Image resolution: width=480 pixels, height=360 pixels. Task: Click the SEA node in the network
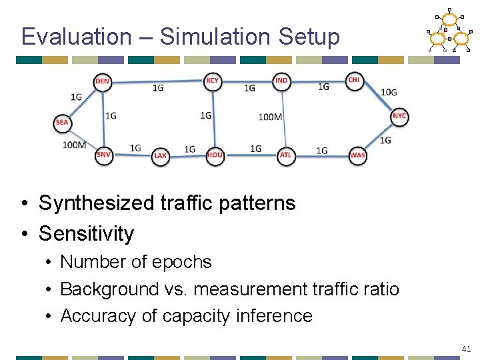pos(62,123)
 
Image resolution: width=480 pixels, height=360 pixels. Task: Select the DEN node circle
pos(102,81)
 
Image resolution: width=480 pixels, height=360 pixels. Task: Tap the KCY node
pos(212,81)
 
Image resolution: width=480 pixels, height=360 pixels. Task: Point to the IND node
pos(281,81)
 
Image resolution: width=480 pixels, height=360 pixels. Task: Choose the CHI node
pos(353,80)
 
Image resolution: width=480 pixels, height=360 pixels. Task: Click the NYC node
pos(399,116)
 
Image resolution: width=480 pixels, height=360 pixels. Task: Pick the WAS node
pos(357,155)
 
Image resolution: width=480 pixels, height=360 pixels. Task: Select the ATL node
pos(285,155)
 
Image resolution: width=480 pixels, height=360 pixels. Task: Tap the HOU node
pos(215,155)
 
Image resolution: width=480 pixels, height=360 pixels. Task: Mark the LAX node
pos(160,156)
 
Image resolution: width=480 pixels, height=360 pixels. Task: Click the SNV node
pos(103,155)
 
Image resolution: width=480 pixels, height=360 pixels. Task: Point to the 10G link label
pos(389,92)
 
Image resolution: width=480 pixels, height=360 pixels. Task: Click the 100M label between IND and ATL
pos(270,117)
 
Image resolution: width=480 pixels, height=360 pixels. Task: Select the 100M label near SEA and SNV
pos(74,145)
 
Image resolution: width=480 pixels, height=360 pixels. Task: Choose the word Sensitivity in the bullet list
pos(86,233)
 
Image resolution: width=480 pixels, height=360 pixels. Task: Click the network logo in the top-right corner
pos(448,31)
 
